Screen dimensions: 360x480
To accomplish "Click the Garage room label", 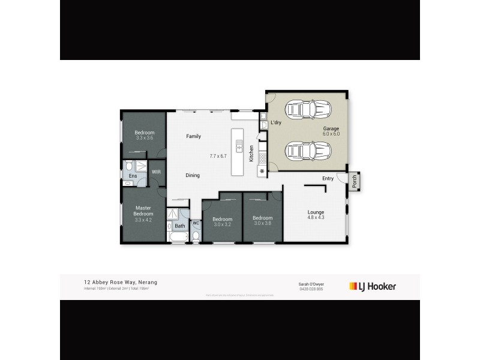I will coord(332,128).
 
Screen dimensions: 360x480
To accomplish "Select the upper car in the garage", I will coord(306,109).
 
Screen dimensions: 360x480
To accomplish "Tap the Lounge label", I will coord(316,211).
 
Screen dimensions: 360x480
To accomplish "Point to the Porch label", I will coord(354,181).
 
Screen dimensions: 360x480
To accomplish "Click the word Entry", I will coord(328,178).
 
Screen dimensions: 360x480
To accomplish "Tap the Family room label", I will coord(193,136).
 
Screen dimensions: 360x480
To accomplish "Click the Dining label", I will coord(192,175).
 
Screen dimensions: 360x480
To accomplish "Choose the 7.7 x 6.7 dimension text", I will coord(218,156).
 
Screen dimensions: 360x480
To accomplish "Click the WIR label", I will coord(156,172).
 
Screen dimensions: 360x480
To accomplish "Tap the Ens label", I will coord(133,176).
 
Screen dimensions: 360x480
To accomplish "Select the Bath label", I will coord(179,226).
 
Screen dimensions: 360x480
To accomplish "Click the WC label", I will coord(196,223).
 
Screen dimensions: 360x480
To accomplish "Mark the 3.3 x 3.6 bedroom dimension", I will coord(144,138).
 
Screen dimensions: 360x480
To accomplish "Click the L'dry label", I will coord(276,123).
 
